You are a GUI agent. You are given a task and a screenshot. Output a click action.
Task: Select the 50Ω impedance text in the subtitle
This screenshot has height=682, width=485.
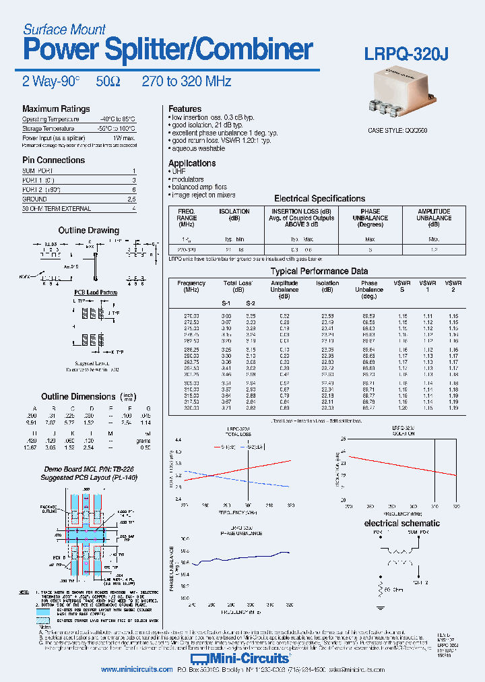coord(108,82)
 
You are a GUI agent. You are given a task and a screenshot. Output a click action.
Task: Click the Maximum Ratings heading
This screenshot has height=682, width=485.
coord(56,109)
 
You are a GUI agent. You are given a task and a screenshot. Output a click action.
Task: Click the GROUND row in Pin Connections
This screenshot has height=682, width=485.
coord(34,199)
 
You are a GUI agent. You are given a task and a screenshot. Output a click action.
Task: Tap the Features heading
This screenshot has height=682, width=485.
coord(185,109)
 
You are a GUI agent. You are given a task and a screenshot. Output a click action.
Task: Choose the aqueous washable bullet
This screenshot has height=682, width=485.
coord(198,148)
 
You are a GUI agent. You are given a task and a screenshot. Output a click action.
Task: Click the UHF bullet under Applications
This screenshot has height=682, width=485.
coord(179,171)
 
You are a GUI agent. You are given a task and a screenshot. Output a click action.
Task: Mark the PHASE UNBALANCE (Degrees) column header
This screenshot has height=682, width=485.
coord(370,218)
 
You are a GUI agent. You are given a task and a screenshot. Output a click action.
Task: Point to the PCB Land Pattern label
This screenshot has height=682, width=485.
coord(96,292)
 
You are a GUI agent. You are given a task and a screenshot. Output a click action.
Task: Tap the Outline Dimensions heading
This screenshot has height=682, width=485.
coord(78,397)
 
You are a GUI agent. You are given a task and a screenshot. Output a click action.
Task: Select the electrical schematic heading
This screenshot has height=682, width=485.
coord(401,523)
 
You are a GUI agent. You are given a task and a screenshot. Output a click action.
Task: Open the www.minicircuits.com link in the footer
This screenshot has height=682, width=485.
coord(137,670)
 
